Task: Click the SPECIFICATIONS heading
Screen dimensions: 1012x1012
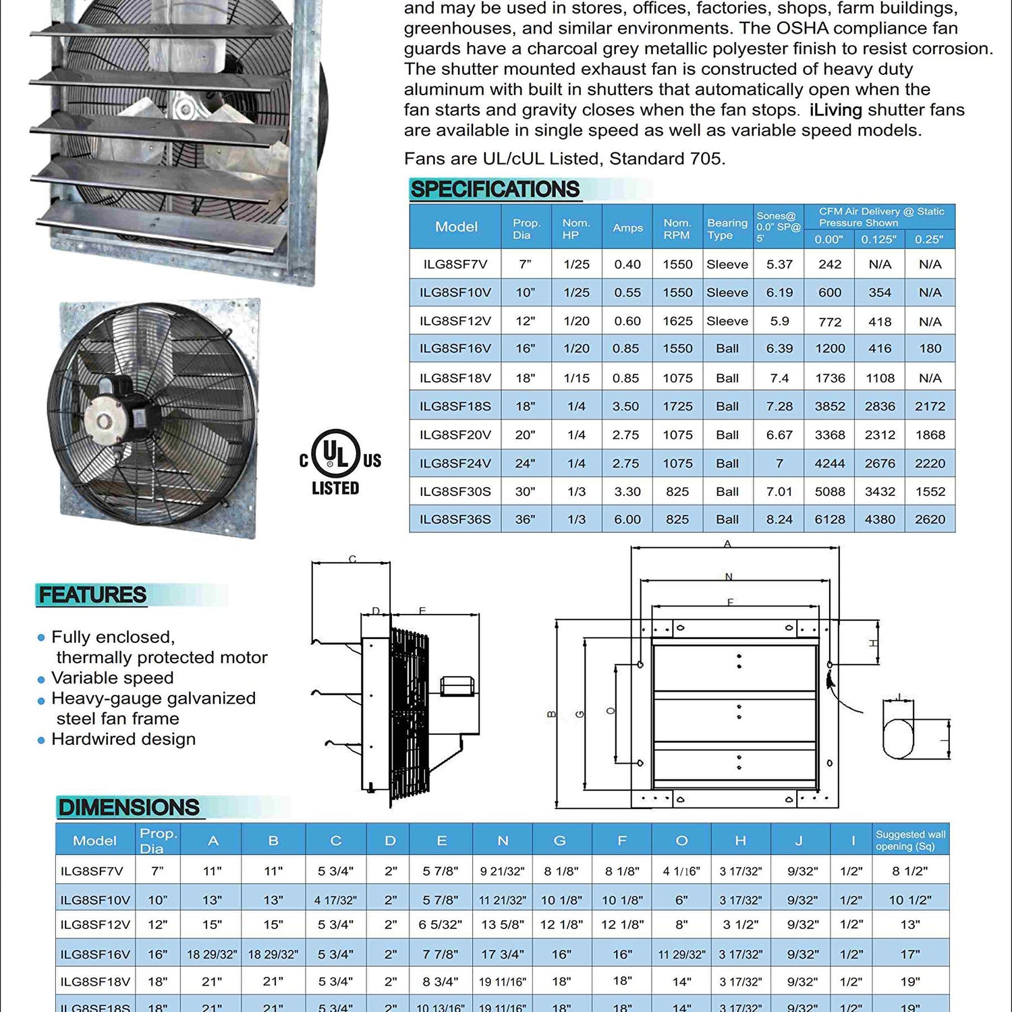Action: (x=495, y=190)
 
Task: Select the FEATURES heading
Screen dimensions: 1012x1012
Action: (x=92, y=595)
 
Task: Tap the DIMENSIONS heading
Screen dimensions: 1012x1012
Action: (x=128, y=808)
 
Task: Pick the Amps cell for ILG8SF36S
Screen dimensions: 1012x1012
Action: (x=627, y=519)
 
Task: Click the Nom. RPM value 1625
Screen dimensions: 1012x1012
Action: (x=677, y=321)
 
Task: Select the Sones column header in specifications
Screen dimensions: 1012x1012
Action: (x=778, y=227)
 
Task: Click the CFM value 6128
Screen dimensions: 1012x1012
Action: (x=829, y=519)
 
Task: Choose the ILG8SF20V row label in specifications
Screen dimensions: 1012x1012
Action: (x=455, y=435)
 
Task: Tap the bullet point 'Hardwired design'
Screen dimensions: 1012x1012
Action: (x=123, y=739)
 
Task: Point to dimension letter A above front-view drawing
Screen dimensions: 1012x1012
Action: (x=727, y=544)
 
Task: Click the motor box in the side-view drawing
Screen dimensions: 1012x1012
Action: (x=457, y=686)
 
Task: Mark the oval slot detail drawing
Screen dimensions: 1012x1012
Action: (x=899, y=739)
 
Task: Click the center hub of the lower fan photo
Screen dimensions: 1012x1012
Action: (x=105, y=422)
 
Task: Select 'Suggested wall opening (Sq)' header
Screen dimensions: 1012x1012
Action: (x=910, y=840)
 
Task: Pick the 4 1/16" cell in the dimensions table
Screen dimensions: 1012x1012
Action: (x=681, y=871)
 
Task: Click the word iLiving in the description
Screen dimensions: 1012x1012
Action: (x=835, y=110)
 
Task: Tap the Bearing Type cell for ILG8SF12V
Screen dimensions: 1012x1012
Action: (x=727, y=321)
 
